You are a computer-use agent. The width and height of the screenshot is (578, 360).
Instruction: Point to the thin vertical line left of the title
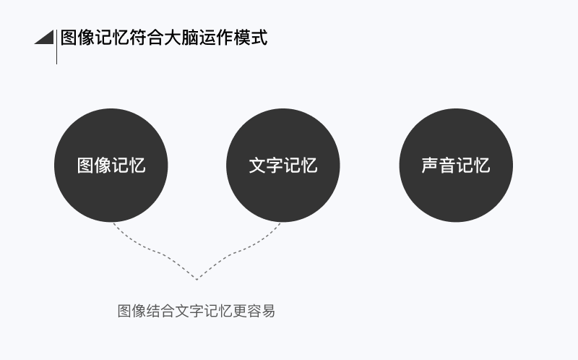(56, 51)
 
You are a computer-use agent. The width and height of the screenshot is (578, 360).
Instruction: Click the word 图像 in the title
(78, 37)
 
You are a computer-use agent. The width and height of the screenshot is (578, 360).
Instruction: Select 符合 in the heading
(147, 37)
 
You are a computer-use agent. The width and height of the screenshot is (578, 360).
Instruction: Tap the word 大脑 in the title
(182, 37)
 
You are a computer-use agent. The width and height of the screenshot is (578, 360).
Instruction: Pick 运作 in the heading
(217, 37)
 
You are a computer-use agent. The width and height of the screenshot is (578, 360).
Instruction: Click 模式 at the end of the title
(251, 37)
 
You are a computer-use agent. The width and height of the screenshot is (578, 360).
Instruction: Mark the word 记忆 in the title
(113, 37)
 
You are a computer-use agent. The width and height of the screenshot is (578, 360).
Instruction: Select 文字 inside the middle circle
(266, 166)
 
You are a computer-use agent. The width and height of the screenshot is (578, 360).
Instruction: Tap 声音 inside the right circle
(439, 166)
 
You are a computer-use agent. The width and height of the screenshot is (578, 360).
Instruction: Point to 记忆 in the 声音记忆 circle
(473, 166)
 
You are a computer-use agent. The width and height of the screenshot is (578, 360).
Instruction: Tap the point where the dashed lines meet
(197, 278)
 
